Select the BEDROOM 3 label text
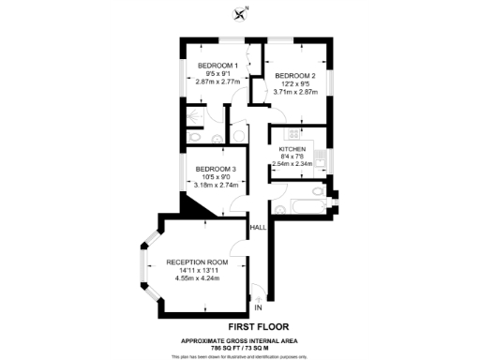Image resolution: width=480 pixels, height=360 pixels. tap(216, 169)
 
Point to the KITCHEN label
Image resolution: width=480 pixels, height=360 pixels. tap(292, 149)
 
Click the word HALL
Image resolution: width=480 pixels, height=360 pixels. tap(257, 228)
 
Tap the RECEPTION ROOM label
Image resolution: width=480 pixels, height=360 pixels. tap(197, 262)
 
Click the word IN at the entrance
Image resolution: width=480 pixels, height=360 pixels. tap(259, 306)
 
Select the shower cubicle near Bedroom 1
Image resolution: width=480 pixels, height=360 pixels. tap(194, 114)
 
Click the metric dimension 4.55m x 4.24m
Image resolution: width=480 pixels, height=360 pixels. tap(197, 279)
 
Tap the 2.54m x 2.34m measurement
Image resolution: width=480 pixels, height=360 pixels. tap(292, 164)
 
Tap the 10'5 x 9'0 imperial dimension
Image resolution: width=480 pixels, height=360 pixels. tap(216, 177)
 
